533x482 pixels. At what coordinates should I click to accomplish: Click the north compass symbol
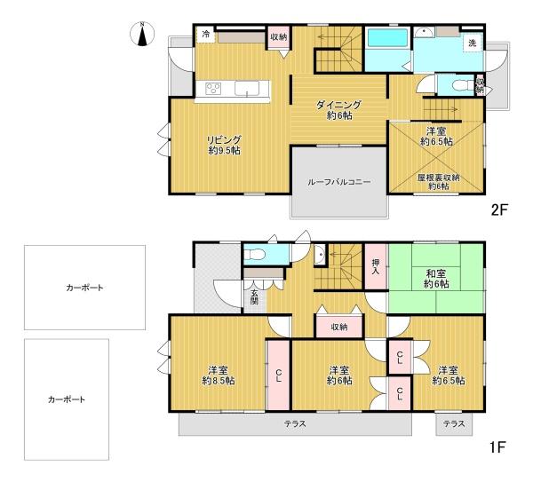point(139,36)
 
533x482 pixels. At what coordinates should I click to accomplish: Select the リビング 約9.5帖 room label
point(224,144)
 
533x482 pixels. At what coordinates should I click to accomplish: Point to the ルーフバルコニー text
point(339,183)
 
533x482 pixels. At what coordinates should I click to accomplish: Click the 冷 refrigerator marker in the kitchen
point(206,34)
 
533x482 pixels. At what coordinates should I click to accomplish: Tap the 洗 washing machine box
point(472,43)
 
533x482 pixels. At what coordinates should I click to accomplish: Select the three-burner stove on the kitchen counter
point(215,88)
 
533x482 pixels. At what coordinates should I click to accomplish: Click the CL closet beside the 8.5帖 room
point(279,374)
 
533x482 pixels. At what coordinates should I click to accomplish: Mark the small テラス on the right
point(454,423)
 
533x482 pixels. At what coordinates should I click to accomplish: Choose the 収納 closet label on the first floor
point(338,327)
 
